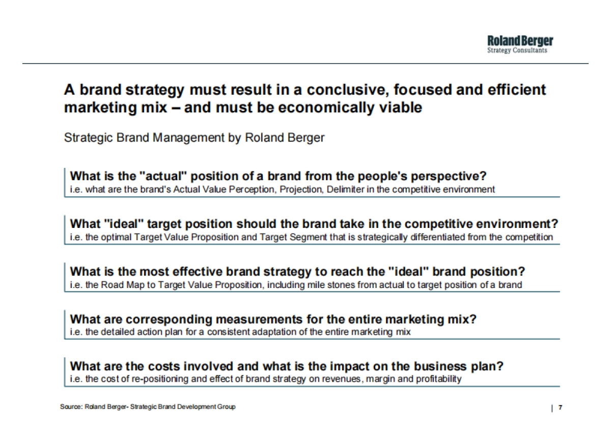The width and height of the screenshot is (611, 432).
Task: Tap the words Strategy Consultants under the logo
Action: click(x=517, y=50)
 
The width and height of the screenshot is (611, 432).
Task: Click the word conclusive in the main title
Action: click(x=347, y=90)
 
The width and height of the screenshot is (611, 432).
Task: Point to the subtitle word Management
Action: click(x=188, y=138)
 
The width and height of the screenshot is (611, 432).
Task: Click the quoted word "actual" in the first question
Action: click(x=164, y=176)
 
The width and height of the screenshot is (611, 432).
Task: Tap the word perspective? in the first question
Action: click(x=449, y=177)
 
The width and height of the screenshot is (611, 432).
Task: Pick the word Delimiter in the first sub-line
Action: click(x=345, y=189)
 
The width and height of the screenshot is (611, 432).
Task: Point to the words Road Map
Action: click(x=123, y=285)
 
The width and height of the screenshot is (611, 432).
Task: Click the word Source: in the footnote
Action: click(x=71, y=407)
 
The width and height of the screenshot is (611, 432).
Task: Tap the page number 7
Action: click(x=560, y=407)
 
